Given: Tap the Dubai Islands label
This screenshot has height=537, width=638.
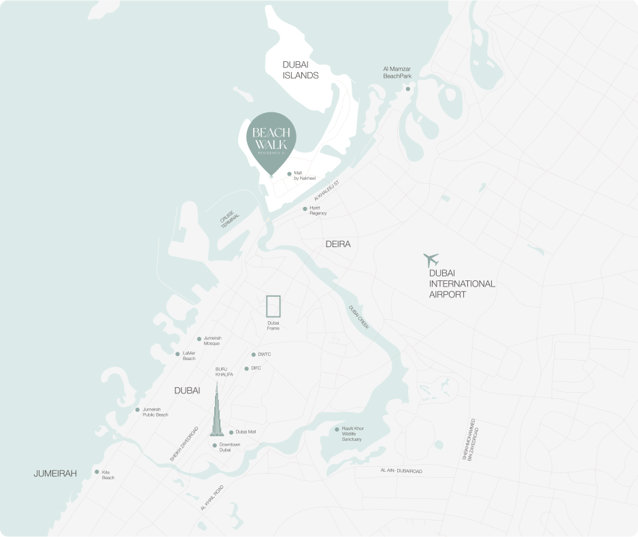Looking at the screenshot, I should (301, 69).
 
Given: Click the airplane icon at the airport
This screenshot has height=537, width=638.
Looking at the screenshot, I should (431, 259).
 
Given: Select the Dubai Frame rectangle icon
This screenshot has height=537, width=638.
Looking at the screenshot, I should (273, 306).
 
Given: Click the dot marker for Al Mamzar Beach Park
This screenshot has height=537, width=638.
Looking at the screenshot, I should (408, 88).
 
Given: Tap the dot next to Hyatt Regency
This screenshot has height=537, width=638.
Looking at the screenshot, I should (305, 209).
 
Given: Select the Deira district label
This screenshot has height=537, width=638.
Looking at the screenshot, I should (338, 244).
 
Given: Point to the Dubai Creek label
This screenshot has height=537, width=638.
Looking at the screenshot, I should (358, 318).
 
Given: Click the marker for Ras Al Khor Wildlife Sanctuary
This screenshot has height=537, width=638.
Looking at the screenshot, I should (337, 429).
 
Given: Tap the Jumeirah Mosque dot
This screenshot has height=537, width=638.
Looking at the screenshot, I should (199, 338).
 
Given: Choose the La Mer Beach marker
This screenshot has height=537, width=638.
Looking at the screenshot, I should (178, 353).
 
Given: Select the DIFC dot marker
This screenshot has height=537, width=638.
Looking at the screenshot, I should (246, 368).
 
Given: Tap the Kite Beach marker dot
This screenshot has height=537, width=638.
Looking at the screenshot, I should (97, 472).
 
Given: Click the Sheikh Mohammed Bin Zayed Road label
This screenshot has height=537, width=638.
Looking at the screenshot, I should (470, 439).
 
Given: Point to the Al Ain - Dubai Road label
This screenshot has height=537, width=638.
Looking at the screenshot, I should (401, 471).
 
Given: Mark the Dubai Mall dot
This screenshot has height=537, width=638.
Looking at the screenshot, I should (231, 432).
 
